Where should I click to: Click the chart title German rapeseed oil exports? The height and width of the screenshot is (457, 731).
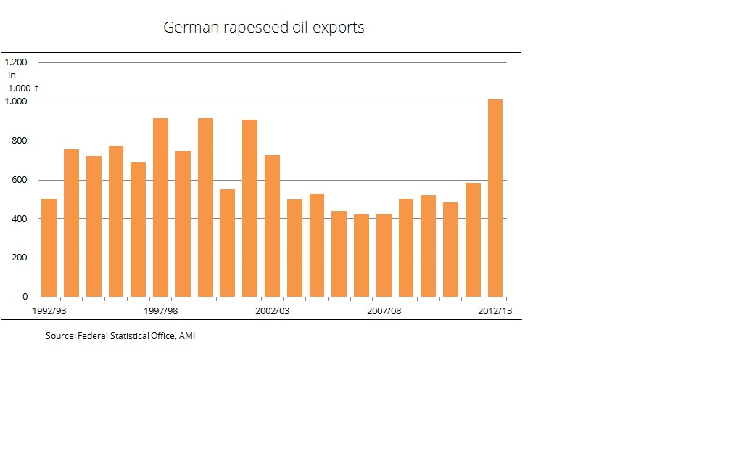tap(263, 28)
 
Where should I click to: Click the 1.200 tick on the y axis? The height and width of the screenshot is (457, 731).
tap(16, 62)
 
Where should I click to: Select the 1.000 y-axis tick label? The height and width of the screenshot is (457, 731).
tap(16, 102)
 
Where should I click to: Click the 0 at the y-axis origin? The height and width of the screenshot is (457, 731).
tap(25, 297)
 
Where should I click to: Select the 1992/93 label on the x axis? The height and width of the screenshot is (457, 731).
tap(49, 310)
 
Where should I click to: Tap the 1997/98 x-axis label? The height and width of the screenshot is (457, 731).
tap(160, 310)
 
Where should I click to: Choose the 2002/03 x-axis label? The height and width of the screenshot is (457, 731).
tap(272, 310)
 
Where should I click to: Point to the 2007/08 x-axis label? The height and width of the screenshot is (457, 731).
tap(384, 310)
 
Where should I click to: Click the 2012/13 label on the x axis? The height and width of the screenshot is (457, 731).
tap(495, 310)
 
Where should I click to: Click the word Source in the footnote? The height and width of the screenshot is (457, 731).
tap(59, 336)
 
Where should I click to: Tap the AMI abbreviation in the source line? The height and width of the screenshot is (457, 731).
tap(187, 336)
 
